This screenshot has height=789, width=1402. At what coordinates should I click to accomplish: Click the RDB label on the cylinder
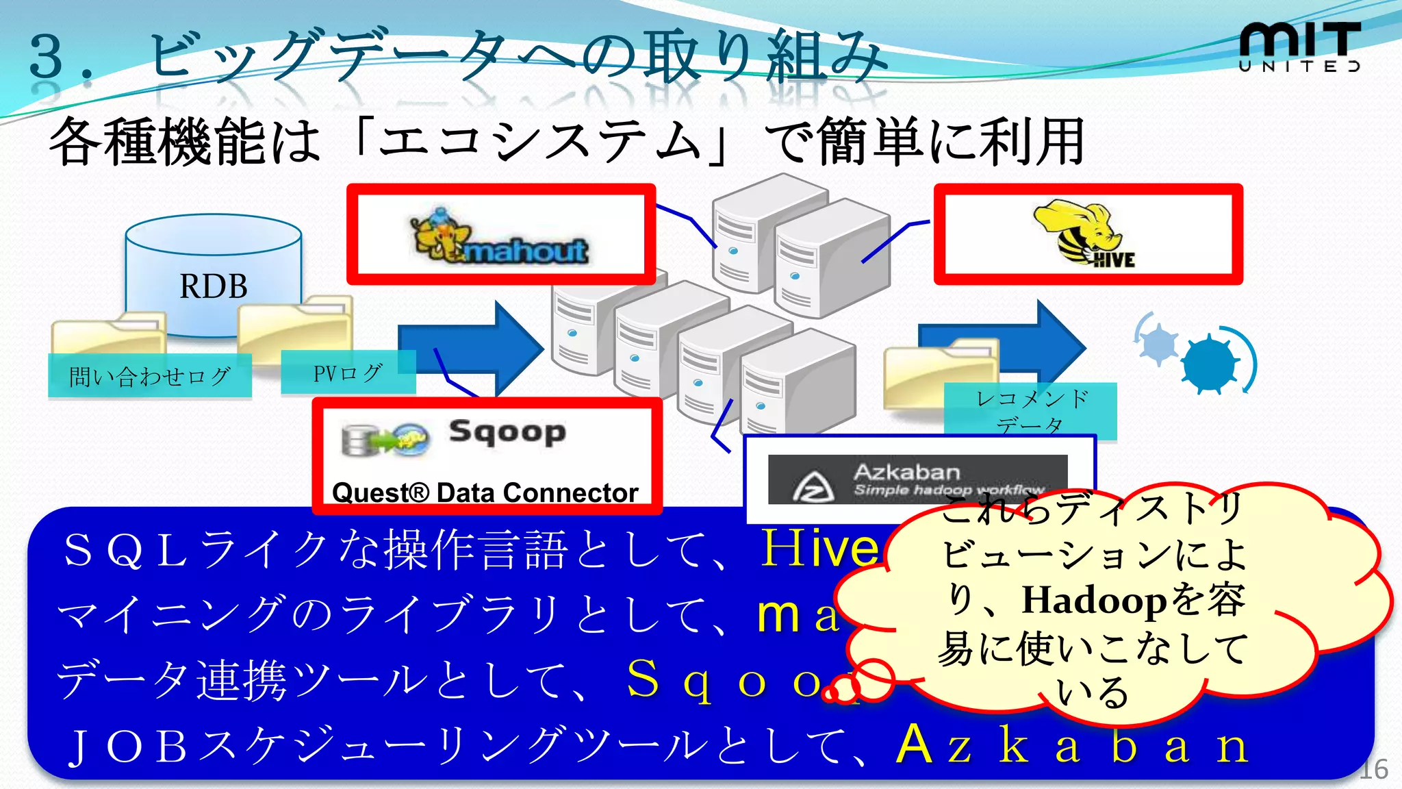click(213, 286)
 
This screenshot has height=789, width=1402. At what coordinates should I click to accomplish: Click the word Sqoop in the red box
click(507, 431)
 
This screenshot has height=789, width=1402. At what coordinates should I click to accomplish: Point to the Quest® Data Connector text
click(485, 492)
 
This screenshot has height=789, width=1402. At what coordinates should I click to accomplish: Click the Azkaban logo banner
click(917, 479)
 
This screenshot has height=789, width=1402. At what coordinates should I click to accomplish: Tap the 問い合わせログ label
click(149, 376)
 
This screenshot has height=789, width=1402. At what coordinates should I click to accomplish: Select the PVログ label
click(348, 373)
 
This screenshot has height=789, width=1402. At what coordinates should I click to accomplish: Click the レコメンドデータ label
click(1030, 411)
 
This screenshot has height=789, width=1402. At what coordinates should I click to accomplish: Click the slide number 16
click(1373, 770)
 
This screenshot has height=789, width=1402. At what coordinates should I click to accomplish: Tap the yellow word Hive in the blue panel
click(819, 548)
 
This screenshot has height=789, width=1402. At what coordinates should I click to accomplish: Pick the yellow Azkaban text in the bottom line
click(1071, 744)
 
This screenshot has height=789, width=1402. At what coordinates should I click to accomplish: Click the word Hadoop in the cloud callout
click(1094, 600)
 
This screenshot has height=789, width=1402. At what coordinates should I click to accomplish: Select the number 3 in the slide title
click(47, 56)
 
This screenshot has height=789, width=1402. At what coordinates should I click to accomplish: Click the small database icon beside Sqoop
click(357, 440)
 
